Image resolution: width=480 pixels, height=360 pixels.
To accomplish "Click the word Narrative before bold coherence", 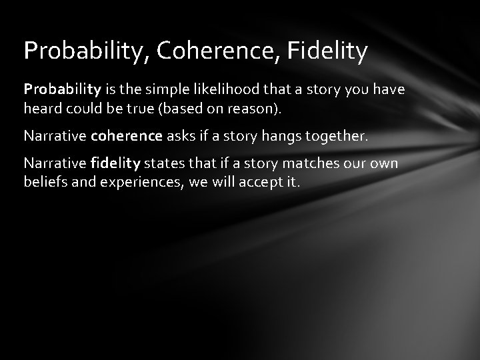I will pos(55,136).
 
